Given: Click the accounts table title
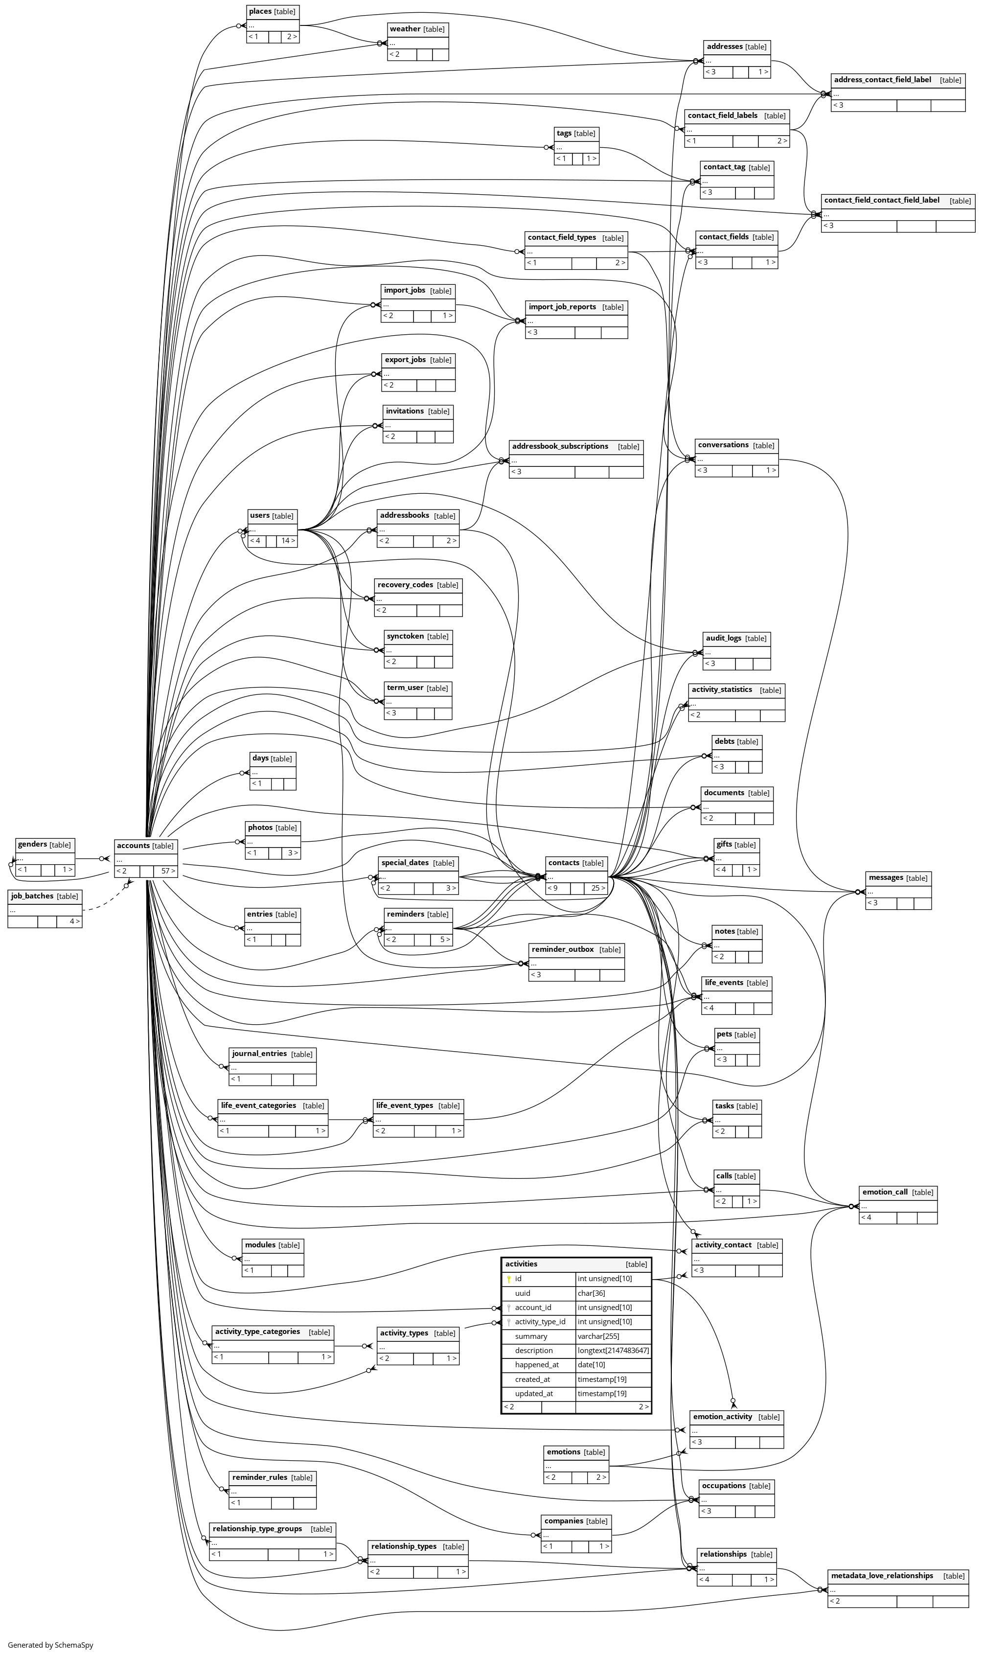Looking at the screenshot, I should pos(133,846).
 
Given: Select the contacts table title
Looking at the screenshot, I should pos(564,863).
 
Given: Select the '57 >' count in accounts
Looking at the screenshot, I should pos(168,871).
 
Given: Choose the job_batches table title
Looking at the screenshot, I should pos(32,896).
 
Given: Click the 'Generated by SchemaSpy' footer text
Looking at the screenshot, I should pos(50,1644).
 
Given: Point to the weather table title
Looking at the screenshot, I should pos(405,29).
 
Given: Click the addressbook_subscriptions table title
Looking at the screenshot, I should pos(560,446).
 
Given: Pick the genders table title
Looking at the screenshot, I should pos(32,845).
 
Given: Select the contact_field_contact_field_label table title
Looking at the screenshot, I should pos(881,200).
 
